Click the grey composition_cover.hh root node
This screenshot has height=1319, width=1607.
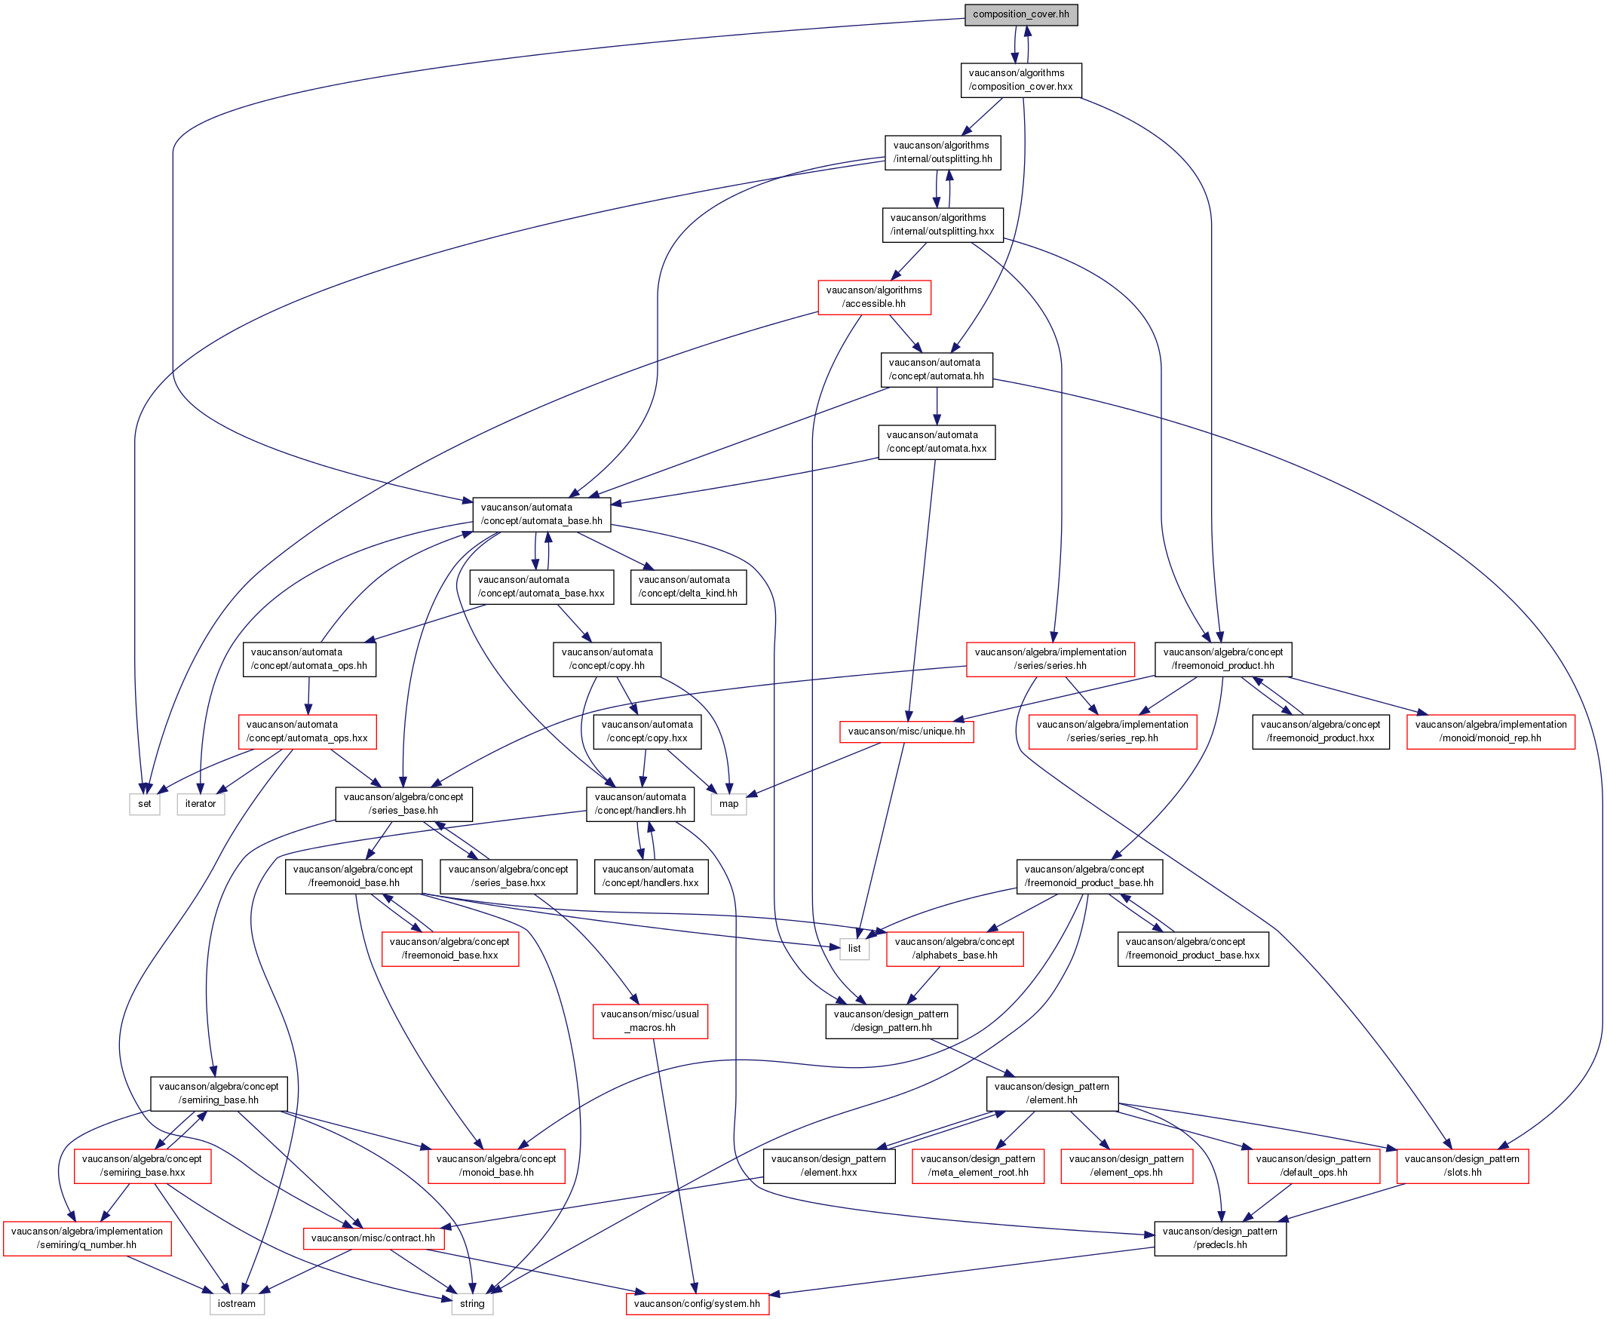pos(1020,14)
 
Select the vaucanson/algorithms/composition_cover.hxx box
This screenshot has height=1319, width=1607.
pos(1020,80)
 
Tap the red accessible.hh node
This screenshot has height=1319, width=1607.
pos(874,297)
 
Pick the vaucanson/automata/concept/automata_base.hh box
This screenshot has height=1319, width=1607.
pos(541,514)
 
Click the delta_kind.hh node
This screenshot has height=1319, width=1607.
pos(688,587)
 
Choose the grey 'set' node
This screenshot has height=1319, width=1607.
pos(144,804)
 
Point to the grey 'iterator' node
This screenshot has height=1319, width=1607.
pos(201,804)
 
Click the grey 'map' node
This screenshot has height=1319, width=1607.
pos(728,804)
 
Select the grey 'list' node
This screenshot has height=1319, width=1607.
pos(854,948)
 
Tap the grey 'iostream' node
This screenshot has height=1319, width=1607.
pos(237,1304)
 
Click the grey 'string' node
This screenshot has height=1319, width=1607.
pos(472,1304)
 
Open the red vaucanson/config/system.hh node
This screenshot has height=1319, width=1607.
pos(697,1304)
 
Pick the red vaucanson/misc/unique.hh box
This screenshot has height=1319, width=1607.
pos(906,732)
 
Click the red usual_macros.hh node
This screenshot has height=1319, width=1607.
pos(649,1021)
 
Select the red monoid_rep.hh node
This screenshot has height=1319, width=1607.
pos(1491,732)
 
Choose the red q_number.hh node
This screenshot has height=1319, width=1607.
pos(87,1238)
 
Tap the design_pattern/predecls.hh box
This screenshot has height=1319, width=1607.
pos(1220,1238)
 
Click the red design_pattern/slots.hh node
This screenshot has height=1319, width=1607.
pos(1463,1166)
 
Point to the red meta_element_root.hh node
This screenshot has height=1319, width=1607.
pos(978,1166)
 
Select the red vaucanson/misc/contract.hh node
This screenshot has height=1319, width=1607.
pos(373,1238)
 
